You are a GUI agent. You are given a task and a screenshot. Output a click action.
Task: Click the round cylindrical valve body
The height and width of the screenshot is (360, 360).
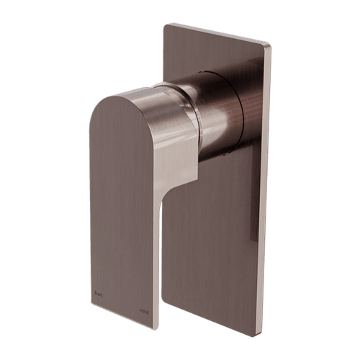pos(216,108)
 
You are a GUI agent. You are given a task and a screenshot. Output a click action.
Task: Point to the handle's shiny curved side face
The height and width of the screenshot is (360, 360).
pos(173,137)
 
